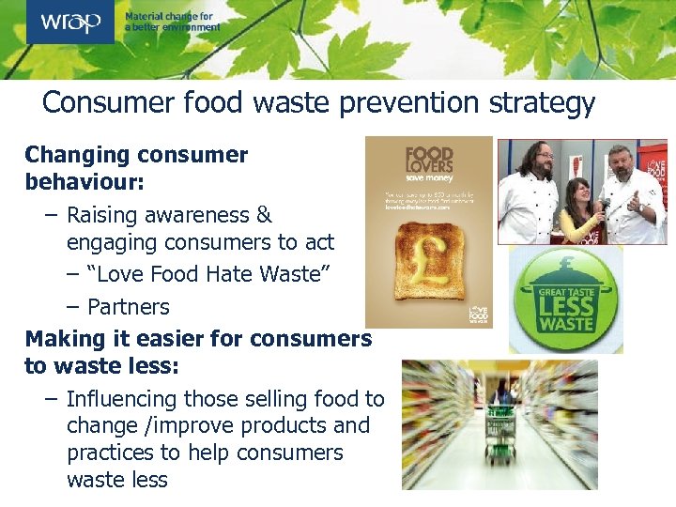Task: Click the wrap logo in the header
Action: [70, 22]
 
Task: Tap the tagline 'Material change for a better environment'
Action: [173, 22]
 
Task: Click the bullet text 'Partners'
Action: [129, 307]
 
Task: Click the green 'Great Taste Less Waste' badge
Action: [565, 300]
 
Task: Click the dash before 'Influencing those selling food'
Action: [51, 399]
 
